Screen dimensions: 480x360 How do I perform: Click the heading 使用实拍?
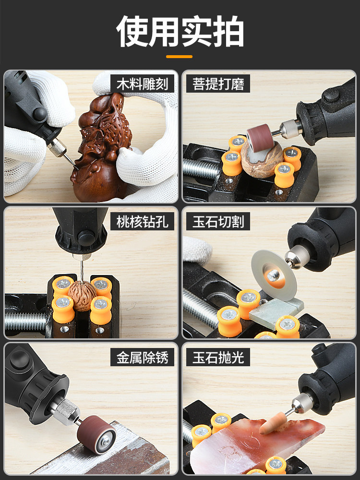180,32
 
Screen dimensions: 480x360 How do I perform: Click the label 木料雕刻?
143,84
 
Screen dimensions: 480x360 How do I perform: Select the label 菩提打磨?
218,84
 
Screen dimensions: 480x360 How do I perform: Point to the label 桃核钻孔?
143,221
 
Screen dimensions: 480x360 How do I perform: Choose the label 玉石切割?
218,221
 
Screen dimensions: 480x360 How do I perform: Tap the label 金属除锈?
143,358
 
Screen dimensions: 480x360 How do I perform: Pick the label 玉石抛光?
218,358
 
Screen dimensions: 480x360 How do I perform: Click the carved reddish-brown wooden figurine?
98,149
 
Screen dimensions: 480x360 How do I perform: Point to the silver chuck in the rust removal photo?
65,413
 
